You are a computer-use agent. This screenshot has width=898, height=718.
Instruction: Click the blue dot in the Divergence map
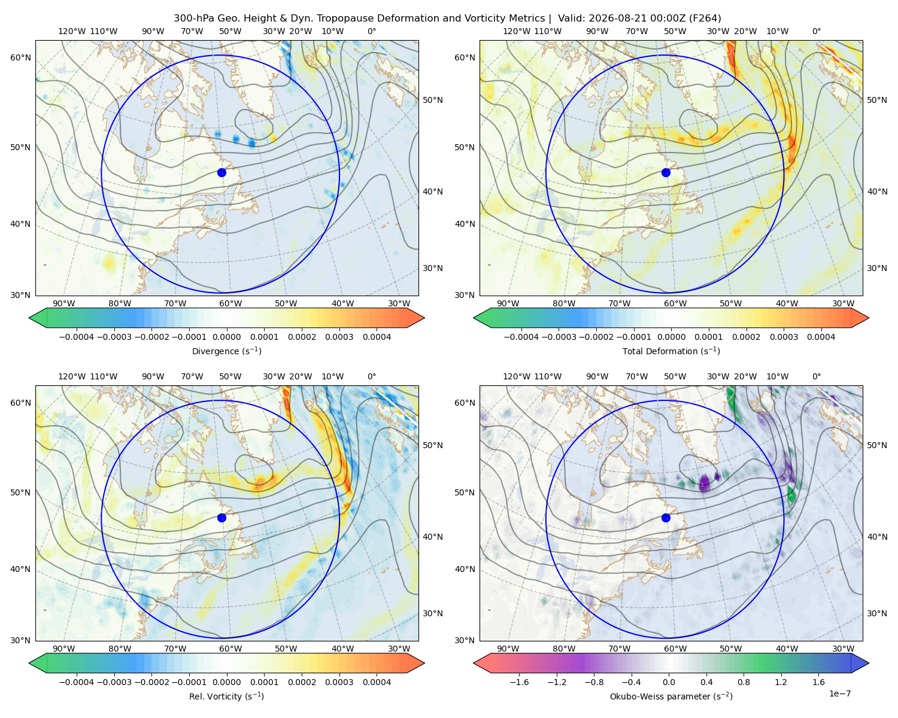point(222,173)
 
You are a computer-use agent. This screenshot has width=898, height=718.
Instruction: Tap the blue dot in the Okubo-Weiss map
point(666,518)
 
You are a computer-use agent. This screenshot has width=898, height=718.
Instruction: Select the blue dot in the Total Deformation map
point(666,173)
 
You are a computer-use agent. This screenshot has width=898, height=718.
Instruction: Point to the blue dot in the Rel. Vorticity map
point(222,518)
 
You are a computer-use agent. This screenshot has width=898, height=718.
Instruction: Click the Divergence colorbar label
point(226,351)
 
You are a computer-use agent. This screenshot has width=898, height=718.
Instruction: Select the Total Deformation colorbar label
point(671,351)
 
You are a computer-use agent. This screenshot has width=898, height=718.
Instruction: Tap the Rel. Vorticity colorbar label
point(226,696)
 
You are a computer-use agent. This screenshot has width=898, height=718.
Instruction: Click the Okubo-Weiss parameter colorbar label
point(671,696)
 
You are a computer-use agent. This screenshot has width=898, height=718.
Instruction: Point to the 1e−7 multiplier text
point(839,693)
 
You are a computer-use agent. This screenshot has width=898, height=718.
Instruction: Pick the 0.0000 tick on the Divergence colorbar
point(226,337)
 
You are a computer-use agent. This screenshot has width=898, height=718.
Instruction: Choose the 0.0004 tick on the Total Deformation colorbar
point(821,337)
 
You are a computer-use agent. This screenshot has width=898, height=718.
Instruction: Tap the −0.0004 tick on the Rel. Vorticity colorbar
point(77,682)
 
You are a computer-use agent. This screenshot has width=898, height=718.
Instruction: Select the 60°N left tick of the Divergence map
point(20,57)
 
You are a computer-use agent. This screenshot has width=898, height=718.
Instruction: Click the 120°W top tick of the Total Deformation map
point(517,31)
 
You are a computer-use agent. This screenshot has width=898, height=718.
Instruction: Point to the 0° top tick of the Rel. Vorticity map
point(372,376)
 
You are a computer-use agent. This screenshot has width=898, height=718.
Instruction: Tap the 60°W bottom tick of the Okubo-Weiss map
point(675,649)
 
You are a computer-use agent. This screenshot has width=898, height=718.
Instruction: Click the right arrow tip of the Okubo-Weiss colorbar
point(869,663)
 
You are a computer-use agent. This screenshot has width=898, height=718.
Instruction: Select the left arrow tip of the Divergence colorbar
point(29,318)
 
